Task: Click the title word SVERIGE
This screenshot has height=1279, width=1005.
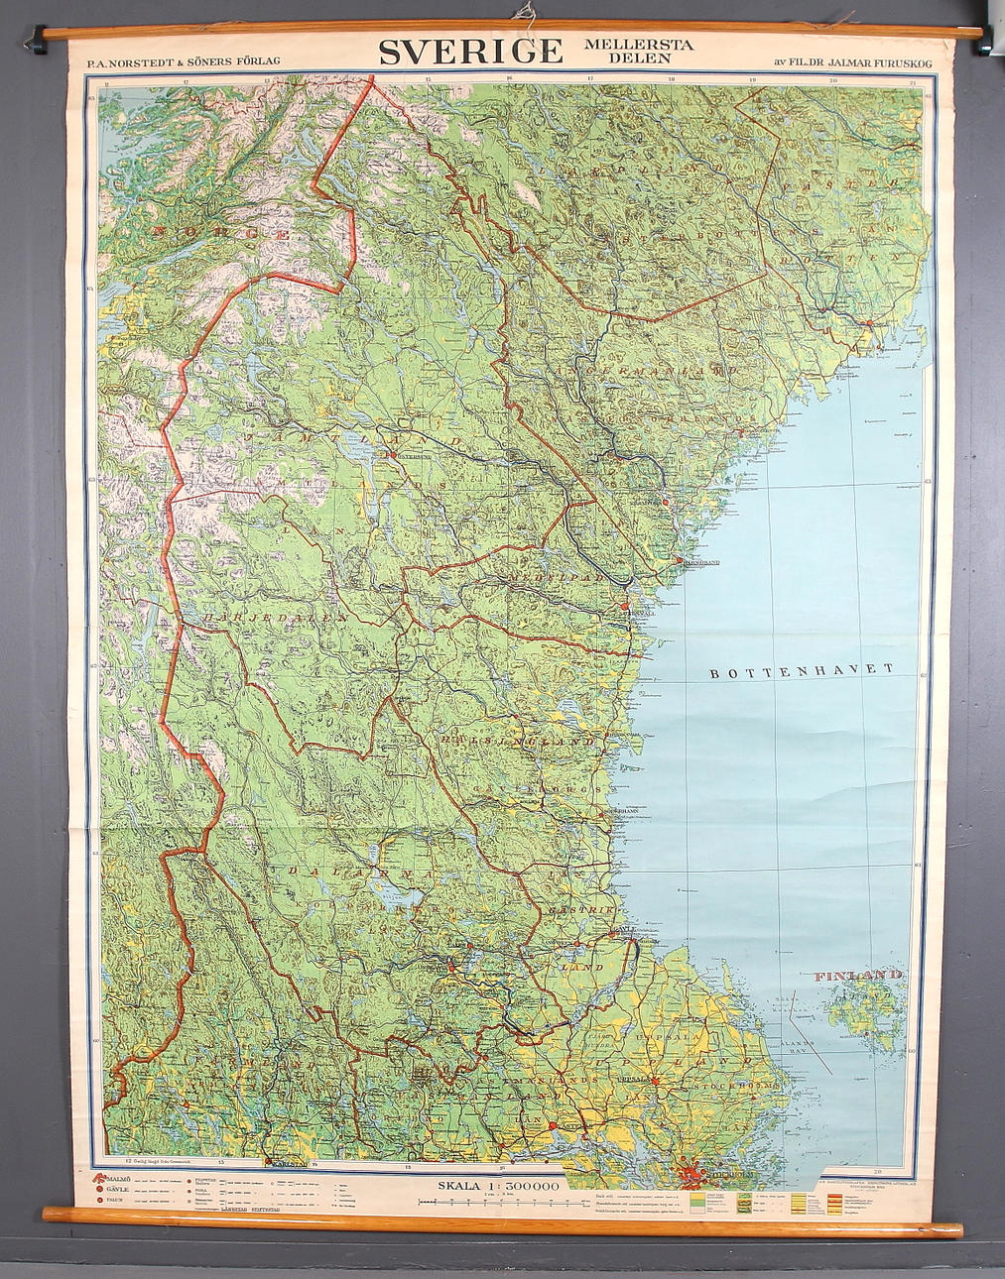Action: click(x=470, y=51)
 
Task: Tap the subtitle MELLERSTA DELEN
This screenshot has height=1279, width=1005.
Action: click(x=639, y=51)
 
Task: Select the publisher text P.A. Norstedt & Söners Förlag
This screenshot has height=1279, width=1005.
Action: click(x=184, y=61)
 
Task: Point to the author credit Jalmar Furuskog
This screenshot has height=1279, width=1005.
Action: click(x=858, y=61)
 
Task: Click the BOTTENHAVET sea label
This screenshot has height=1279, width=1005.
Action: click(x=802, y=671)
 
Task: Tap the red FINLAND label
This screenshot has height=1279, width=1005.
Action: click(x=858, y=976)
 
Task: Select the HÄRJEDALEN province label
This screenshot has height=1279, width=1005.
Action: click(x=274, y=617)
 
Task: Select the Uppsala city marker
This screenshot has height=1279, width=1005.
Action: click(x=655, y=1080)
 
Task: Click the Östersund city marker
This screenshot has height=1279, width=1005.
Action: click(x=390, y=455)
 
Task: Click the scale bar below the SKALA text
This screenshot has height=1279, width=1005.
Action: click(x=496, y=1201)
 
